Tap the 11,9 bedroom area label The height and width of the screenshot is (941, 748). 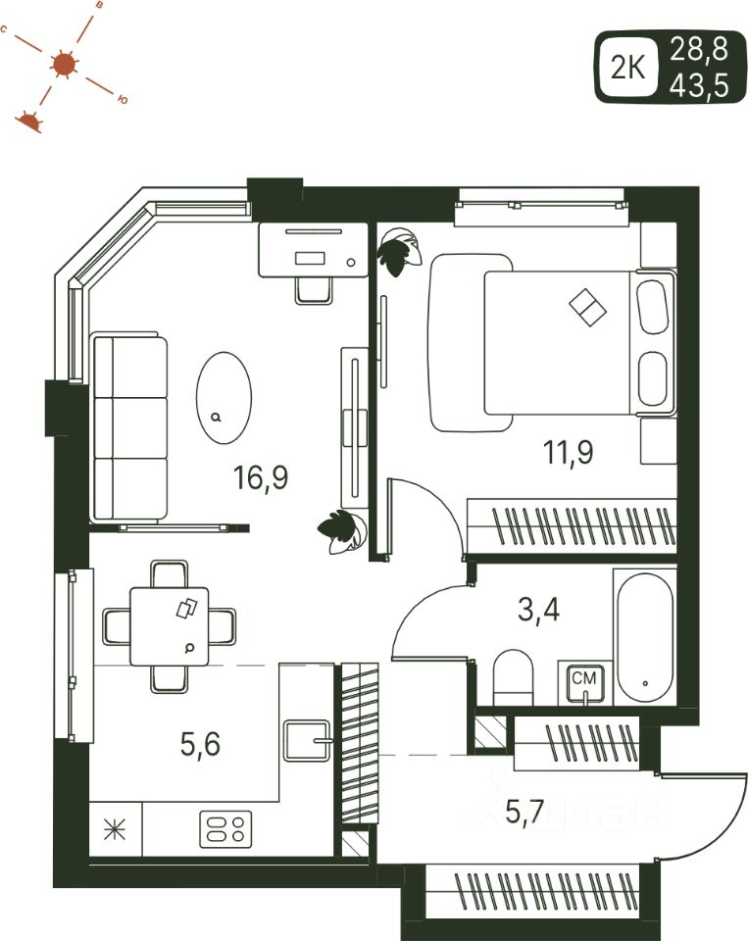click(570, 452)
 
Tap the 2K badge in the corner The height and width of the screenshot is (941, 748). click(627, 68)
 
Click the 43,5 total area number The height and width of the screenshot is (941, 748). click(699, 86)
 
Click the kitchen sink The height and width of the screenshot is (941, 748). click(308, 740)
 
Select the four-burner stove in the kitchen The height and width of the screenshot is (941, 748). click(226, 829)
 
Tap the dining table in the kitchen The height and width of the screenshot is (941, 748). click(170, 625)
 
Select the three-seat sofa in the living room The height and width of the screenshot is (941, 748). click(129, 428)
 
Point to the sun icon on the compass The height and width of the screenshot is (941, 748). click(65, 65)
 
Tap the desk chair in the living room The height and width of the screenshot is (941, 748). click(314, 286)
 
